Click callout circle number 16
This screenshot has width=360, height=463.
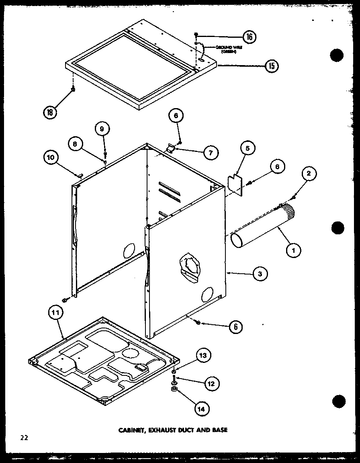coord(249,37)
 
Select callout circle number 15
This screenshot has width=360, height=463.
coord(271,66)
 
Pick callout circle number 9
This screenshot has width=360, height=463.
coord(102,129)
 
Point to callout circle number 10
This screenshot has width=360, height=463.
coord(51,158)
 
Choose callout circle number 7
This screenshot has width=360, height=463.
coord(211,152)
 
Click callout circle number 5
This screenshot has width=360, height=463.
coord(247,148)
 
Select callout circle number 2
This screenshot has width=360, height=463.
coord(308,174)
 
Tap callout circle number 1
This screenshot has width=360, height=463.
coord(294,251)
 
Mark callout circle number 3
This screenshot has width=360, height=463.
coord(260,274)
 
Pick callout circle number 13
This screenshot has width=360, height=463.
coord(203,355)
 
